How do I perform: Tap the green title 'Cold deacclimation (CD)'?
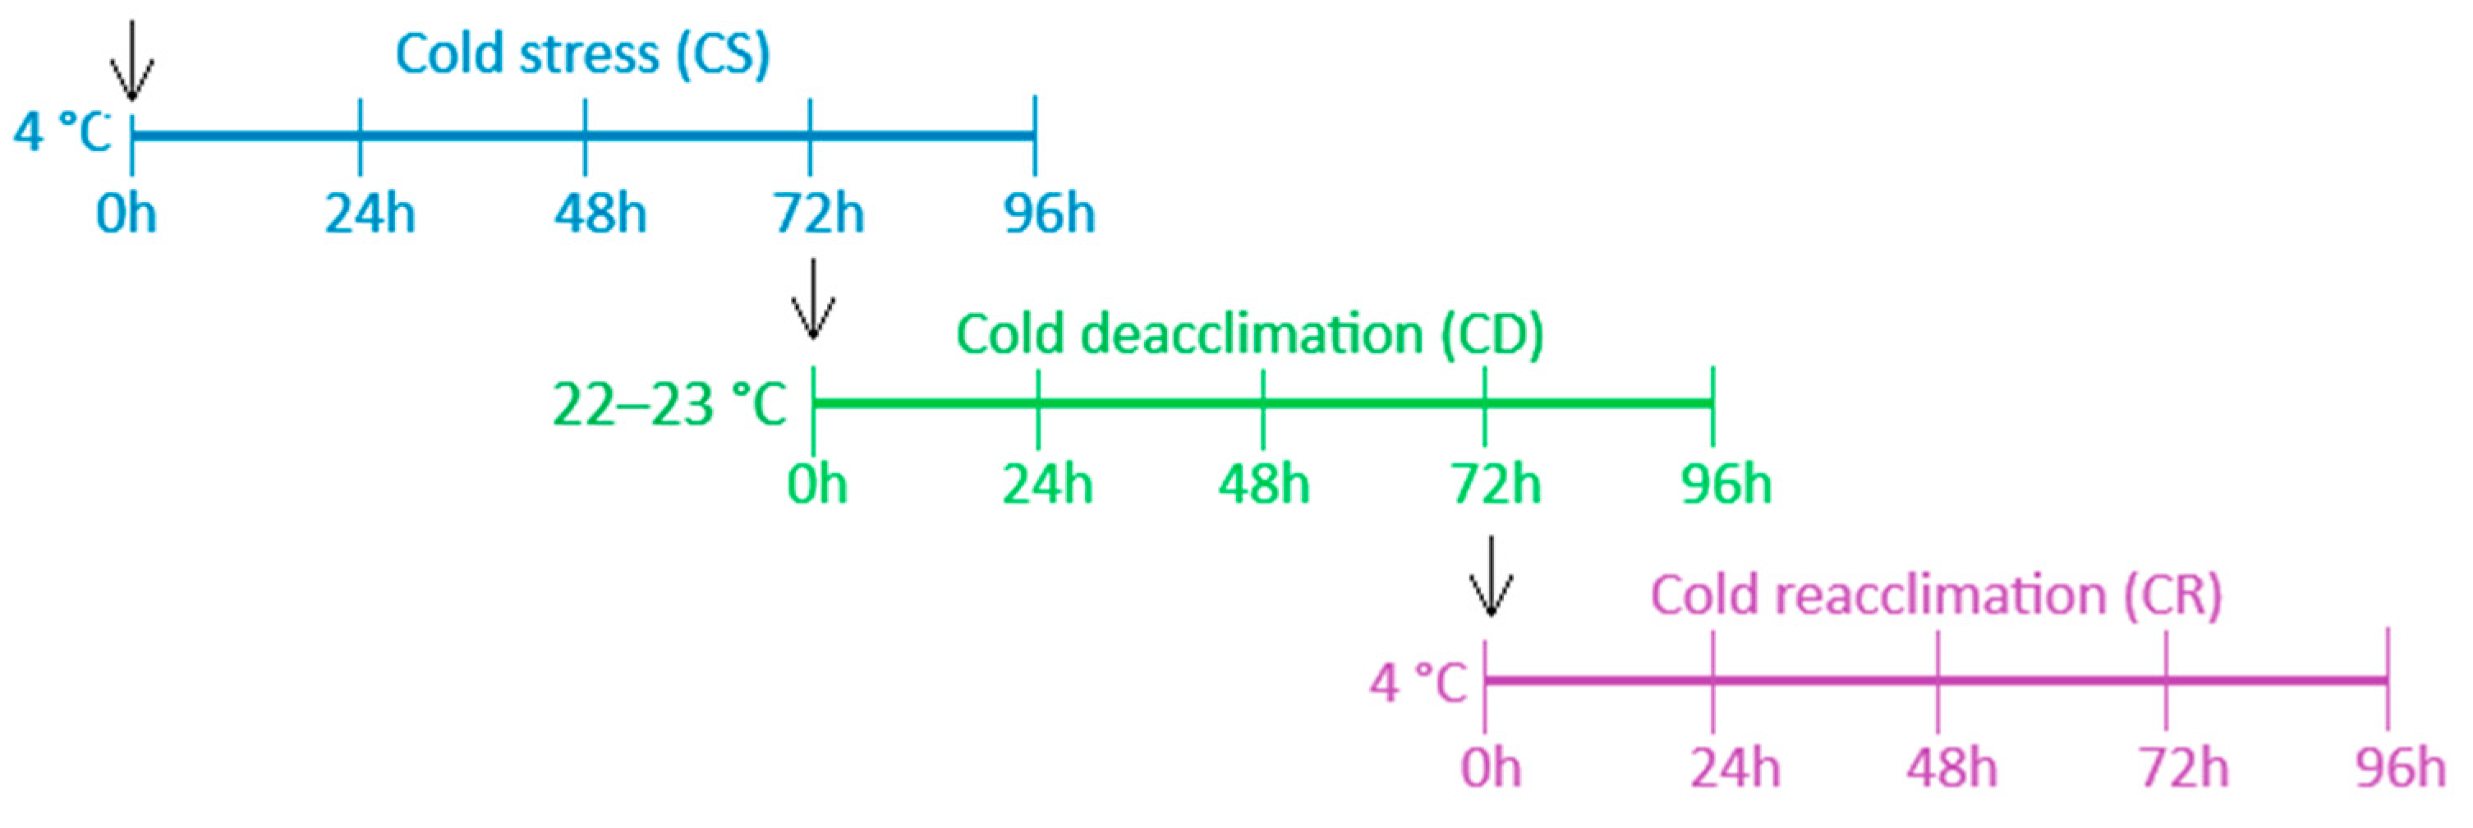tap(1249, 334)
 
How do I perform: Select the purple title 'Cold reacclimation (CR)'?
tap(1935, 596)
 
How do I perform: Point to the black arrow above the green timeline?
tap(813, 299)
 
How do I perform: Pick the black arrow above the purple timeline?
tap(1490, 577)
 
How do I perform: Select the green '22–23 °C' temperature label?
tap(669, 404)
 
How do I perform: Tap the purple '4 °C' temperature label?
tap(1418, 683)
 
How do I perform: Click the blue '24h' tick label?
tap(370, 214)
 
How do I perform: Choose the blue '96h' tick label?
tap(1050, 214)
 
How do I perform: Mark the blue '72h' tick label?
tap(819, 214)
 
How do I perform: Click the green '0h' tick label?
tap(817, 484)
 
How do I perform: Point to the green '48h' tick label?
tap(1263, 484)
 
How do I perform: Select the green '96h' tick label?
tap(1725, 484)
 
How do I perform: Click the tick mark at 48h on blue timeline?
tap(586, 136)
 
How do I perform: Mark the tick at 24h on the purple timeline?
tap(1712, 680)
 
